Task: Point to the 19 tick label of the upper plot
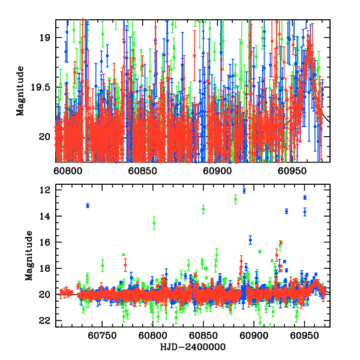(x=44, y=37)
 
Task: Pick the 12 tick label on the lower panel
(x=44, y=190)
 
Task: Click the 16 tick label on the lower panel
(x=44, y=242)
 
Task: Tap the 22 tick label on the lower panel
(x=44, y=320)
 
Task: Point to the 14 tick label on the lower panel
(x=44, y=216)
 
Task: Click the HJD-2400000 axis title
(x=192, y=347)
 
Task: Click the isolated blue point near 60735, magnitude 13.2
(x=88, y=206)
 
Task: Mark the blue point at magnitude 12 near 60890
(x=244, y=191)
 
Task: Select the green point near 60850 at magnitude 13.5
(x=203, y=209)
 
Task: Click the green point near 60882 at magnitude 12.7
(x=236, y=199)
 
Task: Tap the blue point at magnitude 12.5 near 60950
(x=305, y=197)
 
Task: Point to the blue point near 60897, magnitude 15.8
(x=250, y=239)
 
